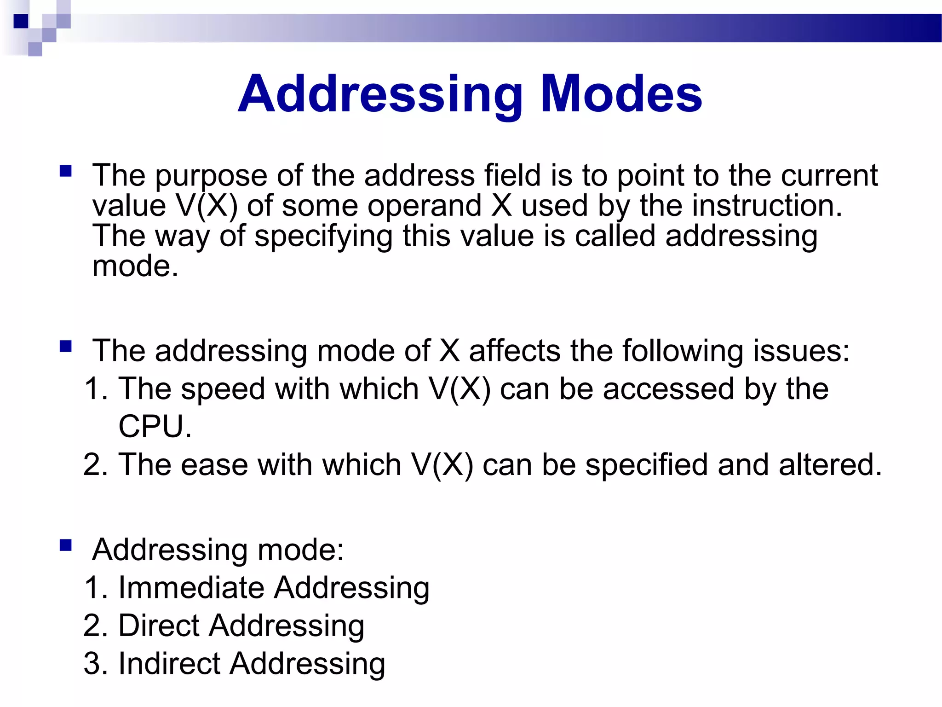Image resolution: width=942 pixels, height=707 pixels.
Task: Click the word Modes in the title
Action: (621, 94)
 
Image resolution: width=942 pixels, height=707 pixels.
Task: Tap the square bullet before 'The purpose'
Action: (66, 172)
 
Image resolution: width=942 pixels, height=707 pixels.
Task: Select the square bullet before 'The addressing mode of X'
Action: (66, 346)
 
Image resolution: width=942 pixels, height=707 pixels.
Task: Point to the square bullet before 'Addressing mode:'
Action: (66, 545)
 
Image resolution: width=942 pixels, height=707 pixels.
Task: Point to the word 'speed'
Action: (223, 390)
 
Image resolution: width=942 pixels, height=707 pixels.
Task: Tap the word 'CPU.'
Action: (155, 427)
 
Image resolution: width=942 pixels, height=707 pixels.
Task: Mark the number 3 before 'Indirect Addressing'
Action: (92, 664)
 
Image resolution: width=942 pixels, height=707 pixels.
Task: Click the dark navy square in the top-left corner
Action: (21, 21)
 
